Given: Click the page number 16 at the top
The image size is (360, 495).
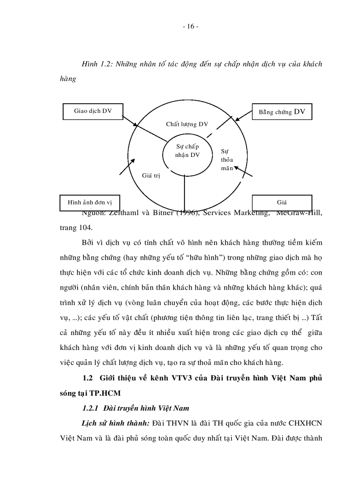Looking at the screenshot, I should coord(190,26).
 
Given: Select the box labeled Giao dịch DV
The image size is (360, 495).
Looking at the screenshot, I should coord(93,111).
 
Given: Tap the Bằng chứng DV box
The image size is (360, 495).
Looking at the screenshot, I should coord(281,112).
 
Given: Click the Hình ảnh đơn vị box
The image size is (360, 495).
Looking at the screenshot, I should coord(90,203).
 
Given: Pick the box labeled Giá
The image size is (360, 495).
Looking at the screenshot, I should coord(281,203).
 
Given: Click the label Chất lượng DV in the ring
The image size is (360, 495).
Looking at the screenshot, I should coord(187,124).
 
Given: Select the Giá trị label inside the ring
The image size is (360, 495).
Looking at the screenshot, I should coord(150,175).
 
